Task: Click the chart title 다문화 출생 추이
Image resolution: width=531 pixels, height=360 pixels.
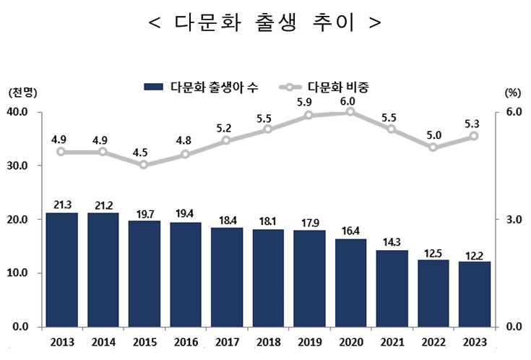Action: click(264, 22)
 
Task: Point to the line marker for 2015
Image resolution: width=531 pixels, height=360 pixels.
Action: click(144, 165)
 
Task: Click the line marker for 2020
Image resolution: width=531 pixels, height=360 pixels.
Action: click(350, 112)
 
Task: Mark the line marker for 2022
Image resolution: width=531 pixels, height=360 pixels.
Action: click(433, 147)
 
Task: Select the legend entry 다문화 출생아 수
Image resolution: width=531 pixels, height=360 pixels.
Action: click(202, 87)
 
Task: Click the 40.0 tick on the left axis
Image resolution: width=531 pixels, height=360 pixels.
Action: click(17, 112)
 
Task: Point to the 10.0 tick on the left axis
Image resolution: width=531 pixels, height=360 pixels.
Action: click(17, 273)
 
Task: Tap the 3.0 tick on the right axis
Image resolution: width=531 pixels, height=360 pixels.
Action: click(512, 220)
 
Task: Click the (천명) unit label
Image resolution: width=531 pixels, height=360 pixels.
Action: click(22, 93)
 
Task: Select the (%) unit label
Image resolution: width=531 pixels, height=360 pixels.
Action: click(512, 93)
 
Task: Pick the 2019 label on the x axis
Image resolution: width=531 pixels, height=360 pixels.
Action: click(309, 342)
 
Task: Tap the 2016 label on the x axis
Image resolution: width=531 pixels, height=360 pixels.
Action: click(185, 342)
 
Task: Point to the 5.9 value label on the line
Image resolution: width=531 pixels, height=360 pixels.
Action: click(309, 102)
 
